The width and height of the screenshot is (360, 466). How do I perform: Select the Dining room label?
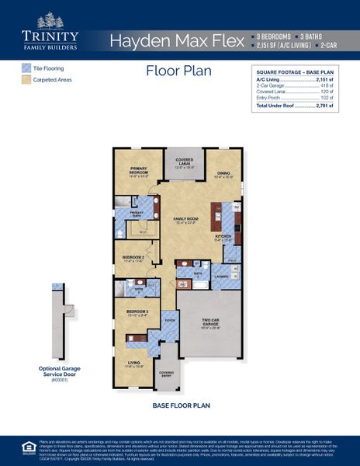point(223,175)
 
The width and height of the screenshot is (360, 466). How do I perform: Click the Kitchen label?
point(223,238)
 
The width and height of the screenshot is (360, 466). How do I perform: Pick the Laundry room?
point(221,275)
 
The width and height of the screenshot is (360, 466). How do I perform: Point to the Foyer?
point(169,318)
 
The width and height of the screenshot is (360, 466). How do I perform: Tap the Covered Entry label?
point(166,373)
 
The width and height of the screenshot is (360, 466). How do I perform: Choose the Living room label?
point(133,364)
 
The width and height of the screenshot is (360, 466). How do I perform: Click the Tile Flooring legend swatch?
point(26,68)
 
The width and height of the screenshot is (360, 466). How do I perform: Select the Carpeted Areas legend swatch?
point(26,79)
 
